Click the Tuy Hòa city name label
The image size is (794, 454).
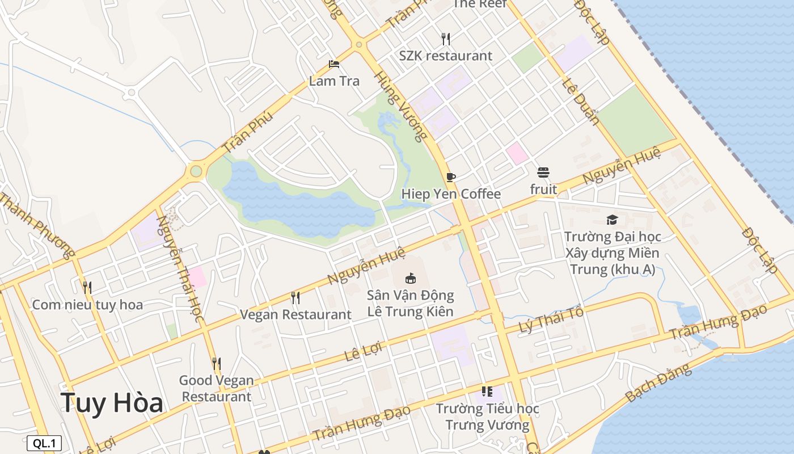point(112,403)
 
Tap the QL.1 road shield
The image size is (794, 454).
point(44,443)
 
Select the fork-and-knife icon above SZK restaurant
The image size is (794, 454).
point(446,39)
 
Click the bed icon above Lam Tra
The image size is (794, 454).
point(334,64)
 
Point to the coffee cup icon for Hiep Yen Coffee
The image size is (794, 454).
point(451,177)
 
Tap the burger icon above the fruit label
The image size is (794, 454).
point(543,172)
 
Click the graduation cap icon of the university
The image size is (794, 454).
point(612,220)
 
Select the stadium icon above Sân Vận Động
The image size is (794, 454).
point(410,278)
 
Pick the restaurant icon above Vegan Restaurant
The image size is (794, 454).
point(295,297)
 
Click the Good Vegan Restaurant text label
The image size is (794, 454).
point(216,388)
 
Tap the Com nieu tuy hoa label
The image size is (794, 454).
point(87,305)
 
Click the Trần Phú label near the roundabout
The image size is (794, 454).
point(247,132)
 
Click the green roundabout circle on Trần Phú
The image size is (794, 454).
point(196,170)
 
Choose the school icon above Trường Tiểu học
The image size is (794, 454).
point(487,392)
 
